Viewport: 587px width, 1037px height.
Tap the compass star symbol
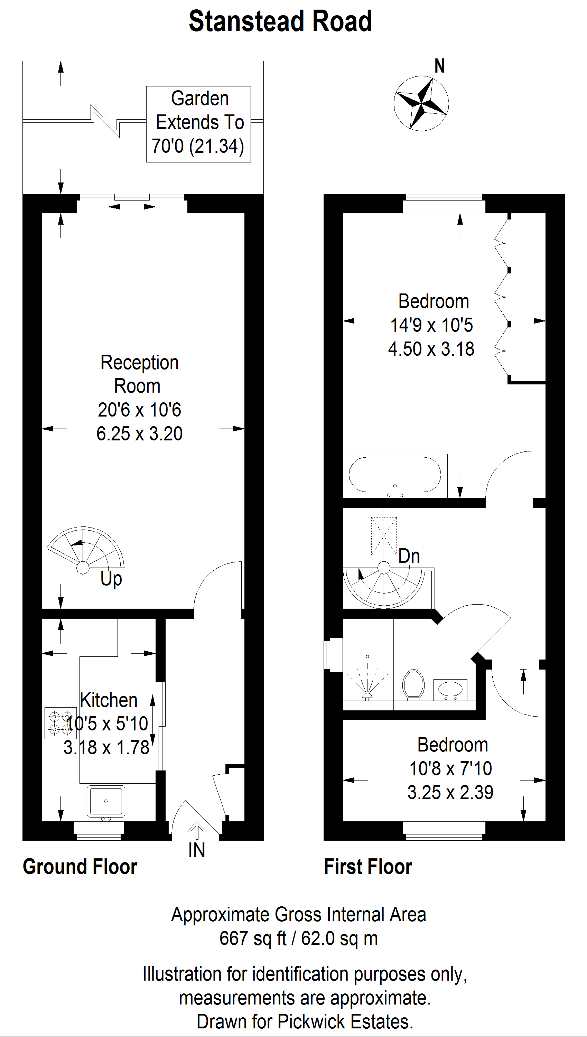(x=421, y=103)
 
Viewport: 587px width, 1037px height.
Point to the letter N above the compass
(x=440, y=66)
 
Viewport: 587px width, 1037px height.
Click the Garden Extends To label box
(x=198, y=124)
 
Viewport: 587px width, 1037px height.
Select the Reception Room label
(x=139, y=374)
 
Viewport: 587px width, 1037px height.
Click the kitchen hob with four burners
(x=60, y=723)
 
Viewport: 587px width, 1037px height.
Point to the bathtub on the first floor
(x=395, y=475)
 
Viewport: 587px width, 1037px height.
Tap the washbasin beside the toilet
(x=450, y=690)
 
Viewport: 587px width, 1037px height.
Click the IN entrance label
(x=197, y=850)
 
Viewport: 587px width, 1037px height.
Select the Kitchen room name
(x=108, y=700)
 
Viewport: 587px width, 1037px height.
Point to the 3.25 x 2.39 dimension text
(x=450, y=792)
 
